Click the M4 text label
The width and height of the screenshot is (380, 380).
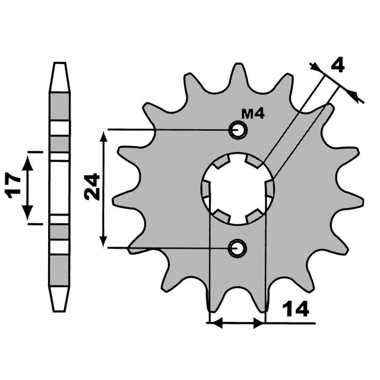tap(253, 114)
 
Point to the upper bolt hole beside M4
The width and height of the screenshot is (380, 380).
tap(239, 129)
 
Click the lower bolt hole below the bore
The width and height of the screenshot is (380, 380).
tap(239, 247)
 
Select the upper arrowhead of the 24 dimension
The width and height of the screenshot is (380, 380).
tap(105, 138)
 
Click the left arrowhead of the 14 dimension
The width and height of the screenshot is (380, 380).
tap(216, 324)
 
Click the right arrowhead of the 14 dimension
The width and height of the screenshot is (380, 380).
tap(259, 324)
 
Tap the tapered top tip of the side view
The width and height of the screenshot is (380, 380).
tap(59, 66)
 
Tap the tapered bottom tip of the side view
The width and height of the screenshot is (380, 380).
tap(59, 306)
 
